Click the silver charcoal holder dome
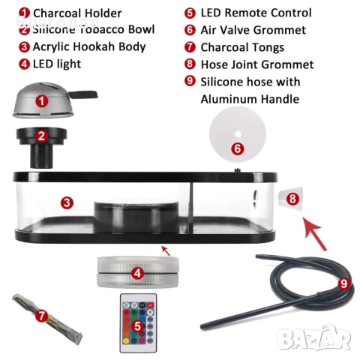[x=43, y=100]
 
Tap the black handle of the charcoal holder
[x=83, y=94]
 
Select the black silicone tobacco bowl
[x=41, y=148]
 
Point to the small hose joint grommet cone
[x=291, y=198]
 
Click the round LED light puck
[x=138, y=272]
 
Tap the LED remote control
[x=138, y=323]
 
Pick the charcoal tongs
[x=47, y=316]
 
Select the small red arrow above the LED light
[x=166, y=251]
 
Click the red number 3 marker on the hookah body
[x=67, y=202]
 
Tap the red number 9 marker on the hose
[x=344, y=283]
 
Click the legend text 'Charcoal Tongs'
[x=242, y=47]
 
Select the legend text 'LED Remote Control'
[x=256, y=13]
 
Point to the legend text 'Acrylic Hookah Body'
[x=89, y=47]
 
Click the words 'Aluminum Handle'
[x=250, y=99]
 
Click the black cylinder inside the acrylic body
[x=137, y=217]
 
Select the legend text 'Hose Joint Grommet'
[x=257, y=64]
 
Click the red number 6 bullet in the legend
[x=190, y=30]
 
